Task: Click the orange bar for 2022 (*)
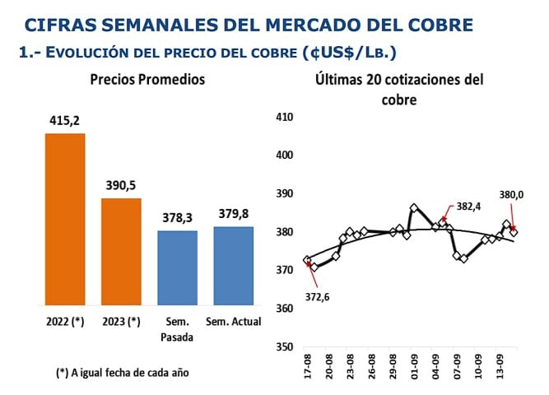pos(65,218)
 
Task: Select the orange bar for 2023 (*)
pos(121,251)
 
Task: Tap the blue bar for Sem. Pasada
pos(177,267)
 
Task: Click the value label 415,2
pos(65,122)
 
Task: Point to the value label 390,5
pos(121,186)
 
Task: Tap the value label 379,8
pos(234,215)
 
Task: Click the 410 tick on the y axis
pos(284,117)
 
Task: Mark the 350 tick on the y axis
pos(284,347)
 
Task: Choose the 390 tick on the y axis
pos(284,193)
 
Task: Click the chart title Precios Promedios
pos(147,80)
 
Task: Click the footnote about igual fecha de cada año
pos(123,372)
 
